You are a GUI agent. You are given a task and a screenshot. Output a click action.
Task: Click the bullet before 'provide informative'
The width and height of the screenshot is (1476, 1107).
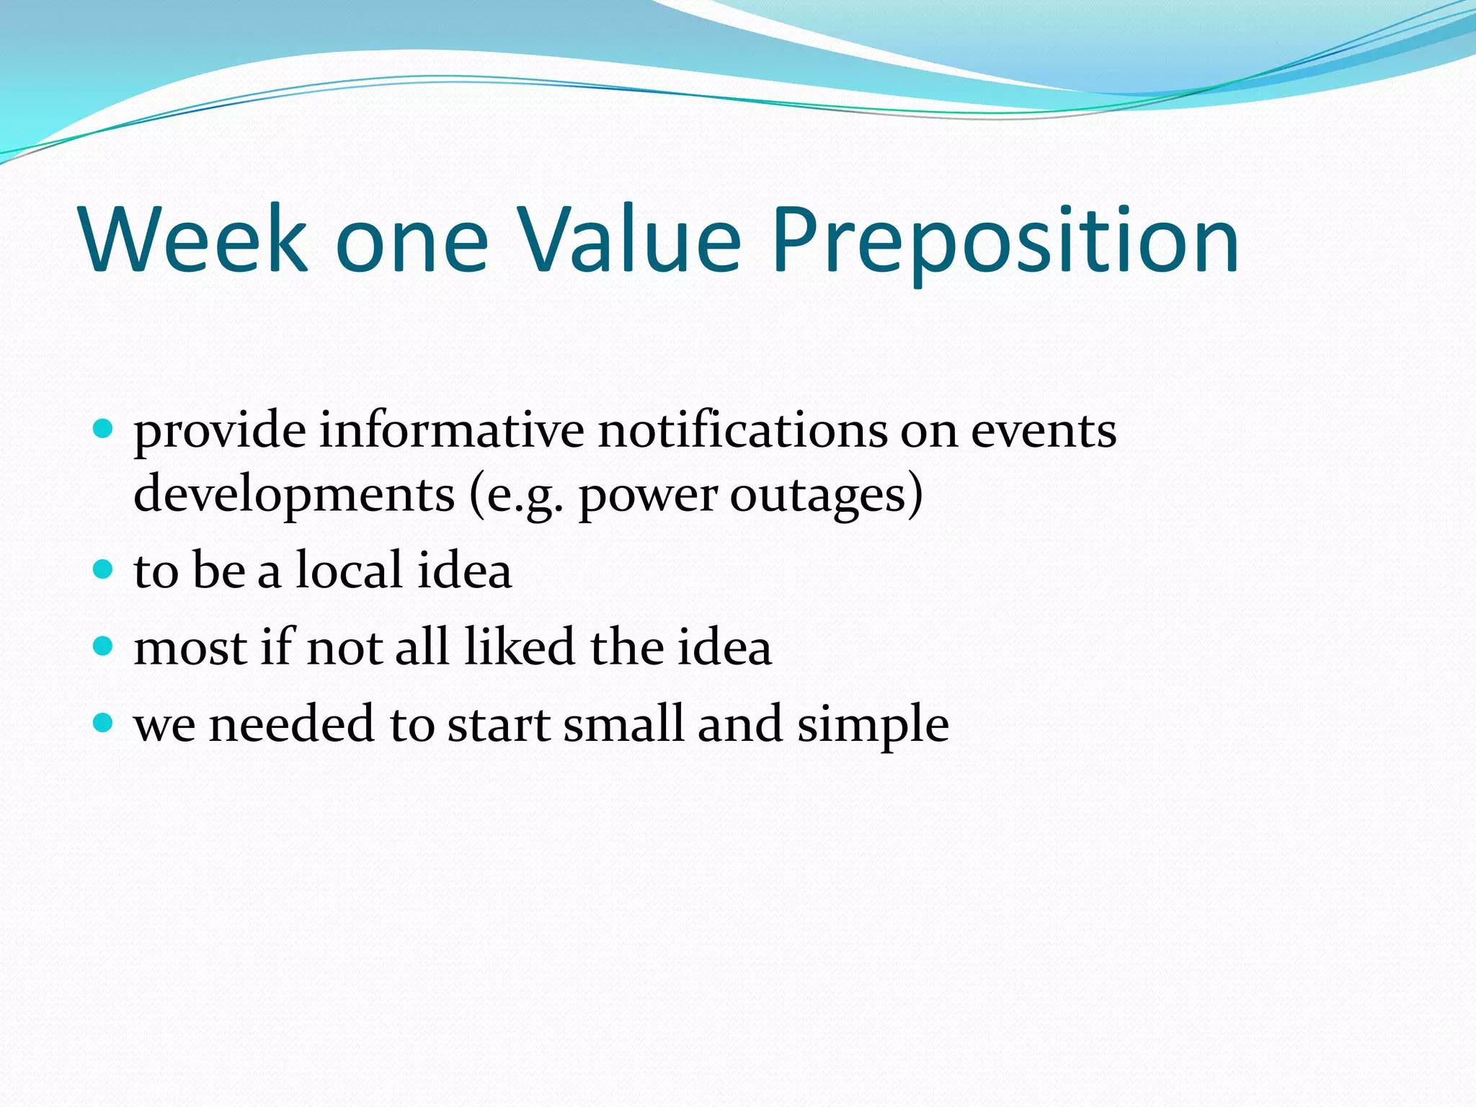[104, 430]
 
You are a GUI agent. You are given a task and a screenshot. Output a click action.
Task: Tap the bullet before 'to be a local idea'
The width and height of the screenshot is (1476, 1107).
[104, 570]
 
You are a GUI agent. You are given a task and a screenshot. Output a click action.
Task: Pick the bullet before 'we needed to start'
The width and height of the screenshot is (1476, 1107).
[104, 723]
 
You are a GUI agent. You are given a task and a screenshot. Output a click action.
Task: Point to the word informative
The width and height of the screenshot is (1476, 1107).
[452, 430]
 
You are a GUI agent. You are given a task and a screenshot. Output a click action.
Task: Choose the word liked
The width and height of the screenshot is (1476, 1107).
[519, 646]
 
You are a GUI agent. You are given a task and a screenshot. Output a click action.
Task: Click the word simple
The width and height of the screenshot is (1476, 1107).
[873, 725]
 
